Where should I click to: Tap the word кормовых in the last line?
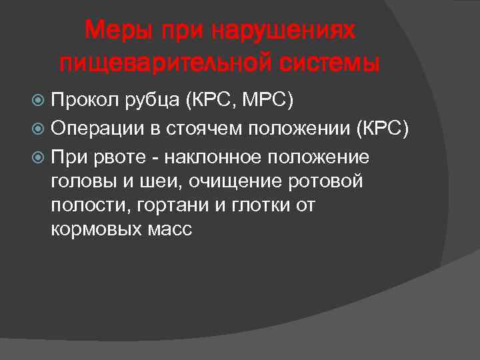(93, 230)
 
